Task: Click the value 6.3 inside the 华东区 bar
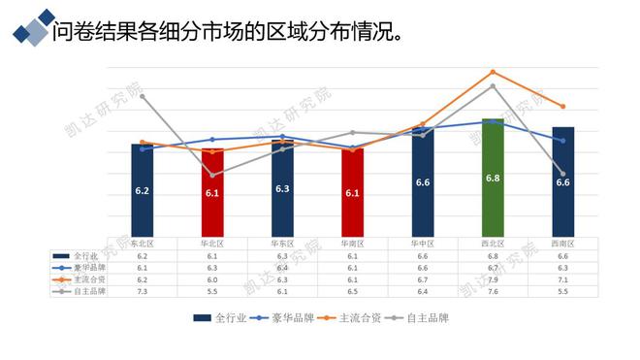[282, 188]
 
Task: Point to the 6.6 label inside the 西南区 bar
[562, 182]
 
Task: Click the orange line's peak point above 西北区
[493, 72]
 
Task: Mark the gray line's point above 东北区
[143, 95]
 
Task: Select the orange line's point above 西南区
[562, 106]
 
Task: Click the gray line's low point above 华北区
[212, 175]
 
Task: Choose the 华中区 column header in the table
[423, 243]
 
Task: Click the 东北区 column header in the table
[143, 243]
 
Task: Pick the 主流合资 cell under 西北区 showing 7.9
[493, 278]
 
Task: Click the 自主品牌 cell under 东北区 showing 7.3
[143, 290]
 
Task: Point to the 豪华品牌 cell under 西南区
[562, 267]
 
